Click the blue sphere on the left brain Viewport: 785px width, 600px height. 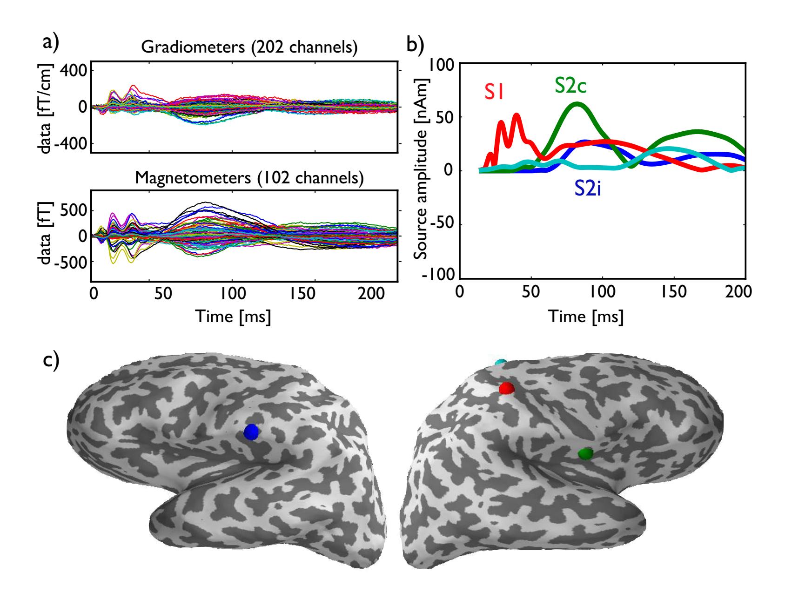(251, 432)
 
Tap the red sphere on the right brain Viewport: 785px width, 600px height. (506, 388)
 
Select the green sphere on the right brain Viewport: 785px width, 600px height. (585, 453)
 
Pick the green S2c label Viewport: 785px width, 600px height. (570, 86)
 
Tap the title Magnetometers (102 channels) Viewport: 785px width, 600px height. (249, 178)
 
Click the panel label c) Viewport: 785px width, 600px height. (51, 361)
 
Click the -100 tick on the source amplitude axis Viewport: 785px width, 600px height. (440, 274)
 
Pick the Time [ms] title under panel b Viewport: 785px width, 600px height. (586, 317)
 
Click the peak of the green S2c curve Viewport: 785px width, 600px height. (577, 104)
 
